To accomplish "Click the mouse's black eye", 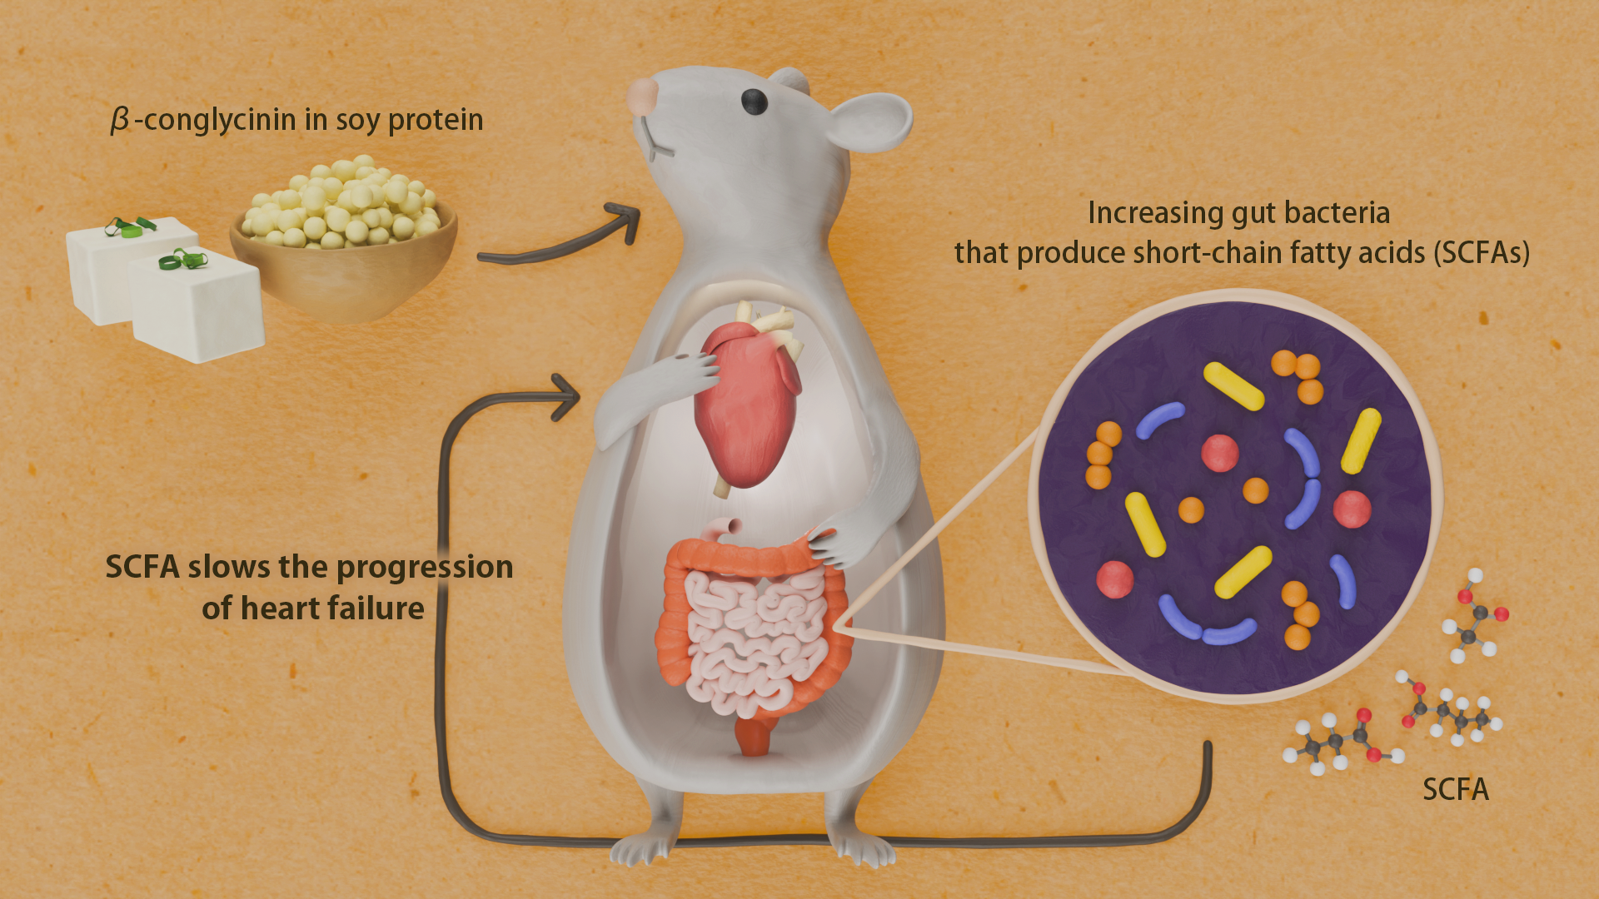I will [x=755, y=102].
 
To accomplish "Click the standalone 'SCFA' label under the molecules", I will [x=1455, y=789].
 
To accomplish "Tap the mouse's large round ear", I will [x=870, y=122].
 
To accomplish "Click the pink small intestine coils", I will [x=750, y=641].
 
